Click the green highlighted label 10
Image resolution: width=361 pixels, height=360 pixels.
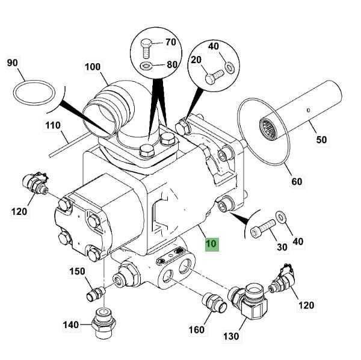tap(212, 244)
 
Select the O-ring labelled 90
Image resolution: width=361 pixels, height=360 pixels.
tap(34, 81)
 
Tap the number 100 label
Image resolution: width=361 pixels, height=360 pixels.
tap(93, 67)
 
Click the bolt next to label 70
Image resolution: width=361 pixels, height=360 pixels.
tap(145, 49)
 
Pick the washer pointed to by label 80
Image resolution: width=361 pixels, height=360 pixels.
tap(145, 66)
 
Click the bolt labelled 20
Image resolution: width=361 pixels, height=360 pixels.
tap(214, 76)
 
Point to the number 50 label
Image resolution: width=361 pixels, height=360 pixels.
tap(321, 140)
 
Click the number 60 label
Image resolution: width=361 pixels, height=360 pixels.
tap(297, 181)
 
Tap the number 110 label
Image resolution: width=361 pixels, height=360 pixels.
tap(53, 126)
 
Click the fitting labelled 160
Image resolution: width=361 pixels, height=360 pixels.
tap(214, 303)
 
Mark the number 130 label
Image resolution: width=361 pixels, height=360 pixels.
tap(231, 337)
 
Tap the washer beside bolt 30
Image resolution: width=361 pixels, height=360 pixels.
tap(281, 217)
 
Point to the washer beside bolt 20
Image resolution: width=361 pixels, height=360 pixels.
tap(229, 67)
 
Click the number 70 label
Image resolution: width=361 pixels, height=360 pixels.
tap(171, 42)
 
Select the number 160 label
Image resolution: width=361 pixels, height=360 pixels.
tap(196, 330)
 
